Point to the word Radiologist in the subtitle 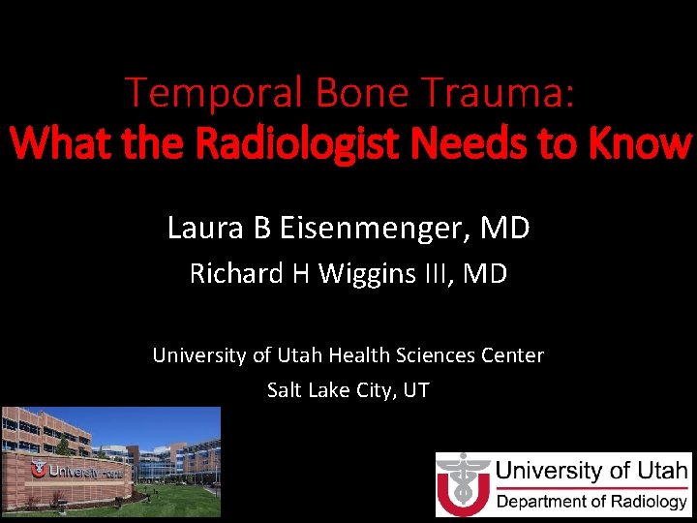pyautogui.click(x=309, y=144)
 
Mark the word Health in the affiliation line pyautogui.click(x=360, y=355)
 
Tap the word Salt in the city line pyautogui.click(x=285, y=391)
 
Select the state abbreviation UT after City pyautogui.click(x=416, y=391)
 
